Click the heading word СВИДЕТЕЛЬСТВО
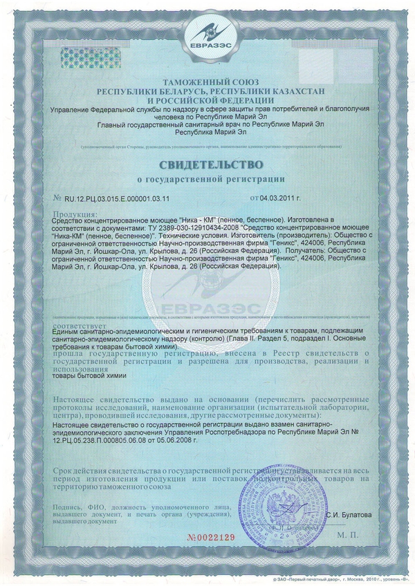point(207,165)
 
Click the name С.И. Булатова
point(349,513)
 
